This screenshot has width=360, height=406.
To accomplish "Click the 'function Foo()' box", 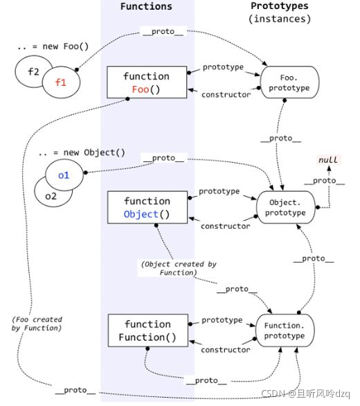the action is [147, 82].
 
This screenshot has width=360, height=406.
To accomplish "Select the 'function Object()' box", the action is [147, 207].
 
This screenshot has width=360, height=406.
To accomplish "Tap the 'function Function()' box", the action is [147, 330].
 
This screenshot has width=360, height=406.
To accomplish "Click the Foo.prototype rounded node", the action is [289, 82].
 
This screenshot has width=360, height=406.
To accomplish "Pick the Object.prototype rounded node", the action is [286, 207].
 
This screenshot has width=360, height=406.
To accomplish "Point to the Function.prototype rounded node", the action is [285, 330].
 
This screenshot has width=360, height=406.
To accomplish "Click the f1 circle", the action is [61, 82].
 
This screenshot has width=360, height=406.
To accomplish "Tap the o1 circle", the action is [64, 175].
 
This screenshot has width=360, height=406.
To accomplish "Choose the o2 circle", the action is [51, 195].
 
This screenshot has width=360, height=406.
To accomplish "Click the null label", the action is [328, 160].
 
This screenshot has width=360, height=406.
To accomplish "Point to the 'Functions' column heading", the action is [146, 6].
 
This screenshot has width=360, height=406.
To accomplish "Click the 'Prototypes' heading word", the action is [280, 6].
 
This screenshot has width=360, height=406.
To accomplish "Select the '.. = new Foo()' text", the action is [53, 46].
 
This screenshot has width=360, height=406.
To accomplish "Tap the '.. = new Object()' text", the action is [82, 152].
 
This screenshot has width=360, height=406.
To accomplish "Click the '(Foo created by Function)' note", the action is [37, 324].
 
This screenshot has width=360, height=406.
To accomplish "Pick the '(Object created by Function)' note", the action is [179, 268].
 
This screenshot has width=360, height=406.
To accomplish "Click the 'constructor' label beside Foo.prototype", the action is [226, 95].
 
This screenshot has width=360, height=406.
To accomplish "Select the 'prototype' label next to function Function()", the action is [222, 320].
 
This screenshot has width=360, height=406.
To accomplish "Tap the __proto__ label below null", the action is [324, 180].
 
